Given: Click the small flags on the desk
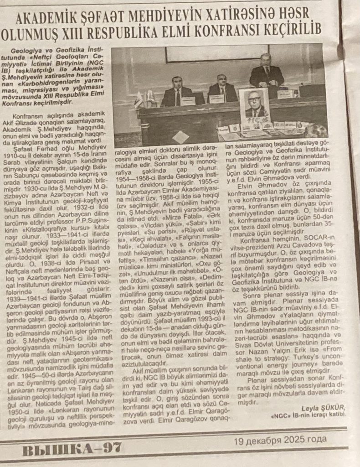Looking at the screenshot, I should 144,99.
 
